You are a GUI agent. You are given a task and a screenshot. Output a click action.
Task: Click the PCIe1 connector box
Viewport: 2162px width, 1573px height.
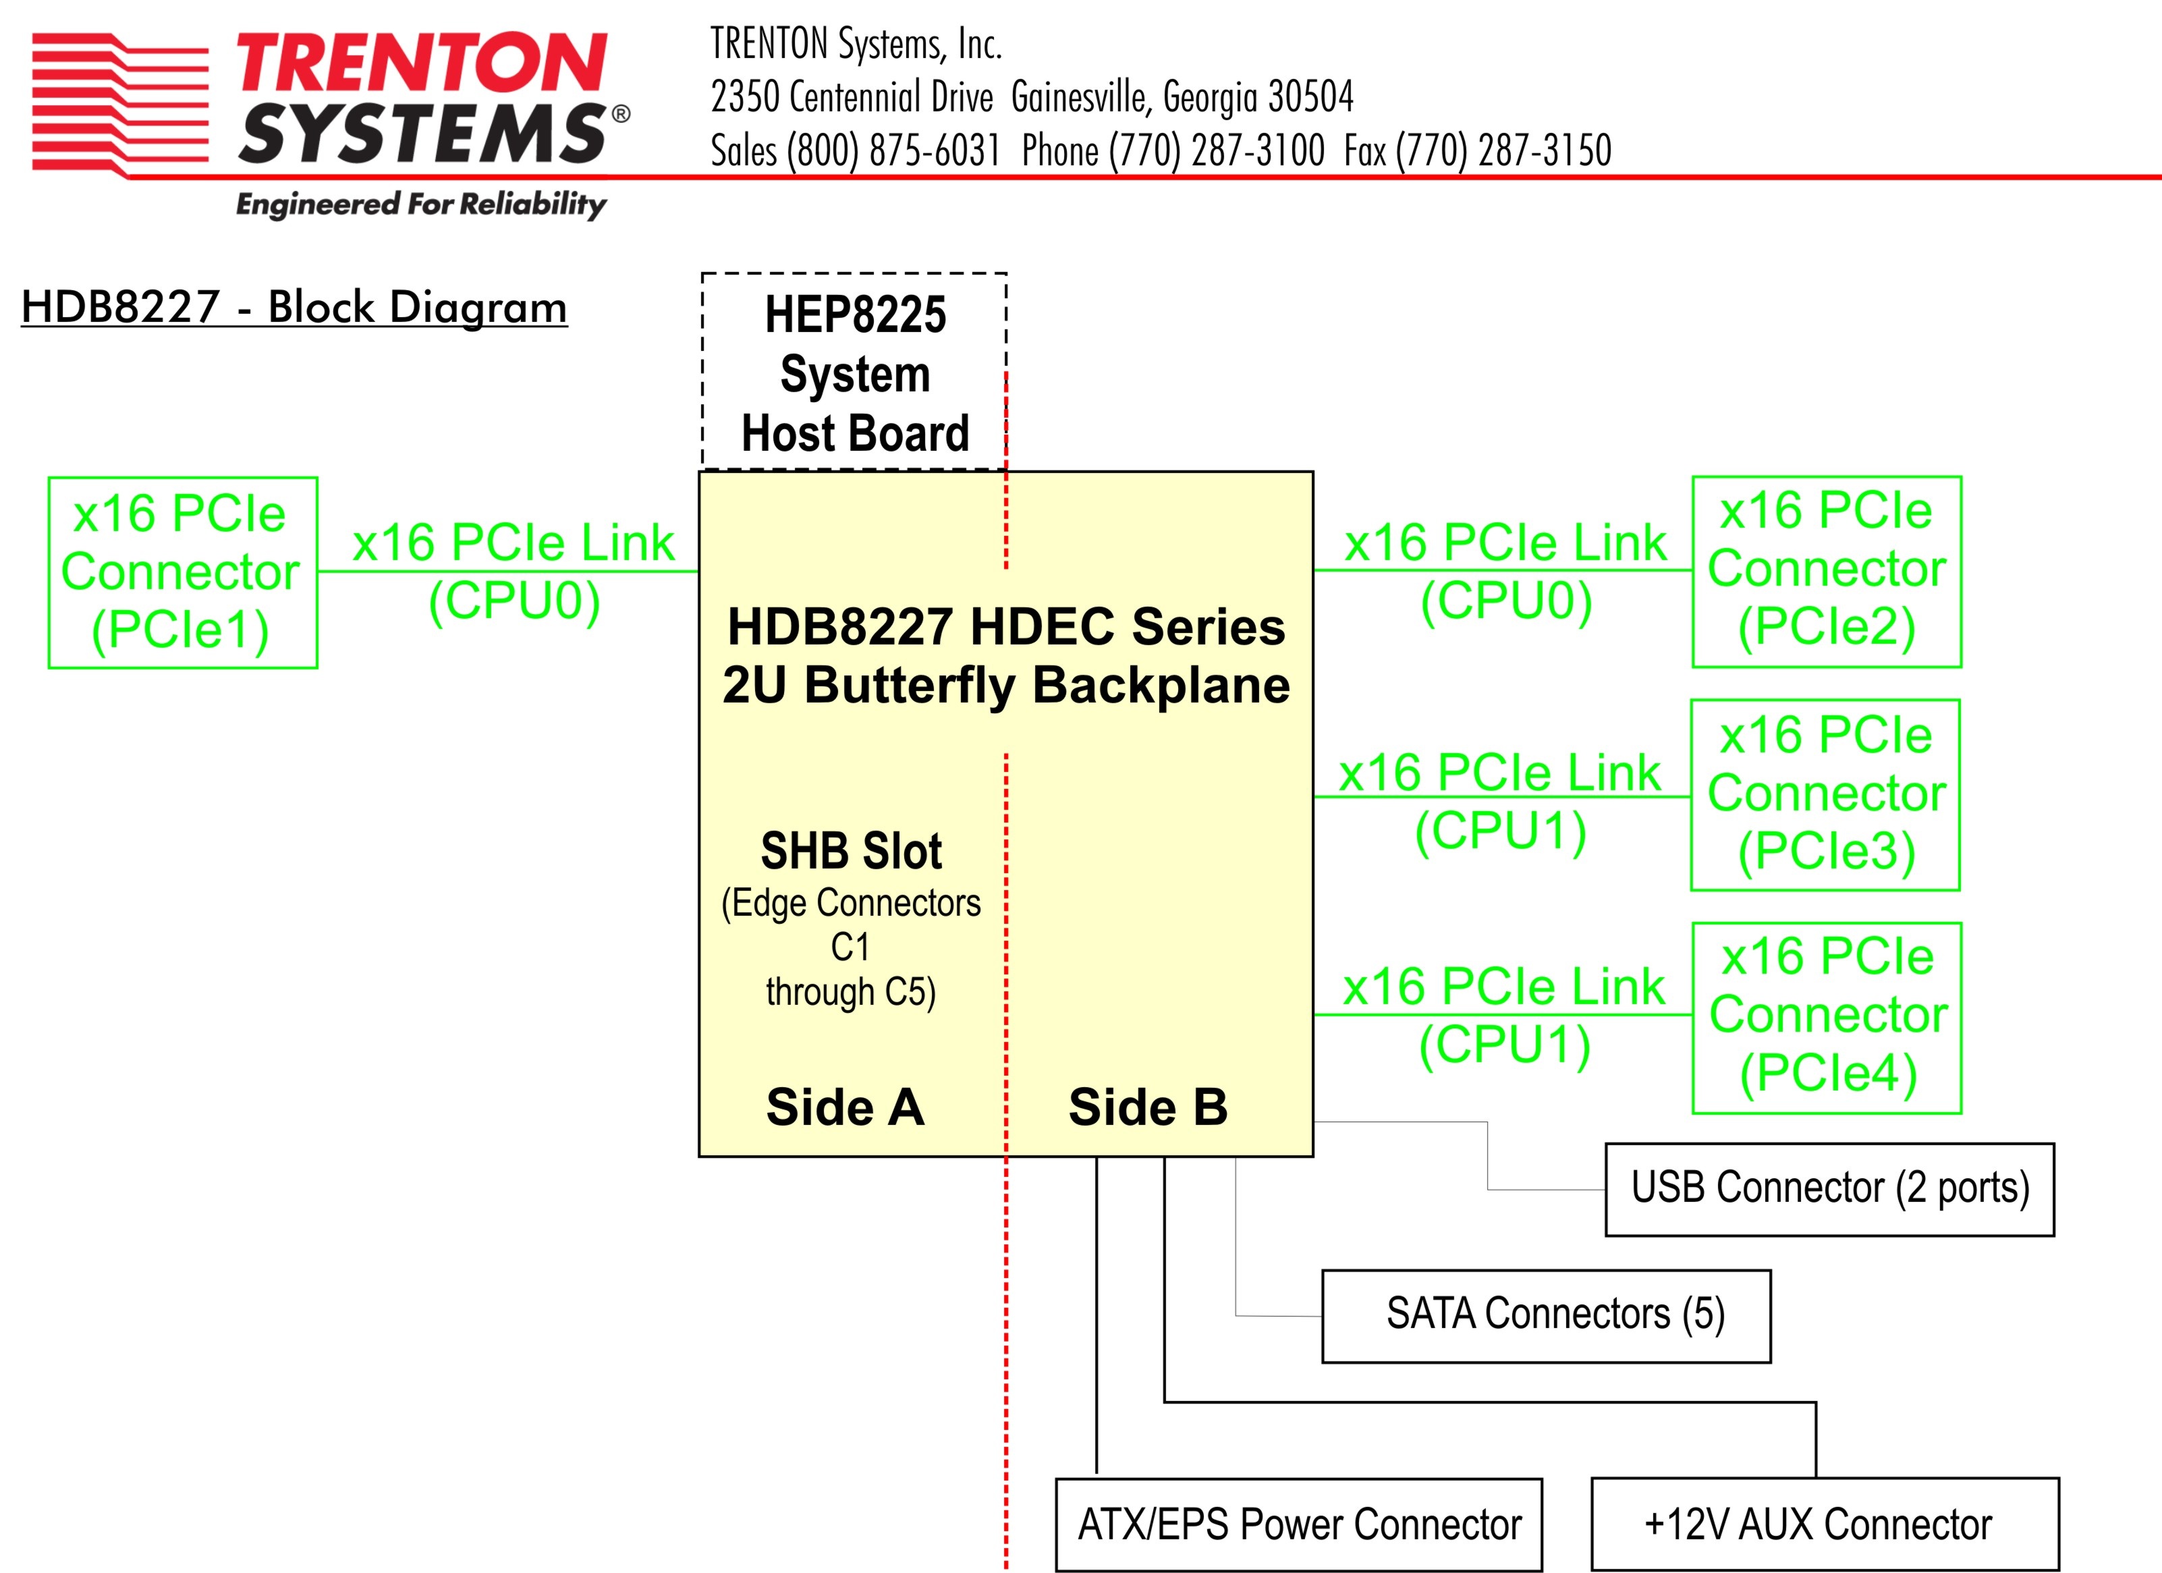[x=182, y=572]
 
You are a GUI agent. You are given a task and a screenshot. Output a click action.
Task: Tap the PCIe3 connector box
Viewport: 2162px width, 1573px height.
[x=1825, y=794]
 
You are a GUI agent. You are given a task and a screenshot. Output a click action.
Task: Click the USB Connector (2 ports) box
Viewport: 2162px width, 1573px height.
[x=1829, y=1189]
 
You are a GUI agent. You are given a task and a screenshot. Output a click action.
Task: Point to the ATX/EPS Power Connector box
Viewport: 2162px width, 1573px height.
[x=1298, y=1524]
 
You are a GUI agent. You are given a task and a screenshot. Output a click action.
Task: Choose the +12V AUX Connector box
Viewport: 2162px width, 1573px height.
[x=1825, y=1524]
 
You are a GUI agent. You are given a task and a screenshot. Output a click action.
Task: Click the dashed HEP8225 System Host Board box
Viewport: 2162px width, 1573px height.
[x=854, y=372]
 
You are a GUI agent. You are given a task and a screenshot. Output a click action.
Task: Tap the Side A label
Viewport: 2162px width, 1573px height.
[x=845, y=1107]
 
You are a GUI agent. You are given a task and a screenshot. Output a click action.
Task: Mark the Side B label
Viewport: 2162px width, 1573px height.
[x=1148, y=1107]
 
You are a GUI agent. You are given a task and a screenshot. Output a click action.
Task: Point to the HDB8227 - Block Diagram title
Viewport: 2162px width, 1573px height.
[x=294, y=307]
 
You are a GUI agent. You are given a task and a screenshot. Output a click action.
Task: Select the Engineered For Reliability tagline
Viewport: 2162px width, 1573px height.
[x=420, y=204]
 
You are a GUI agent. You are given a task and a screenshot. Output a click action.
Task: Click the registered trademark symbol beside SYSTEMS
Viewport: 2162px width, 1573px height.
[x=621, y=115]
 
